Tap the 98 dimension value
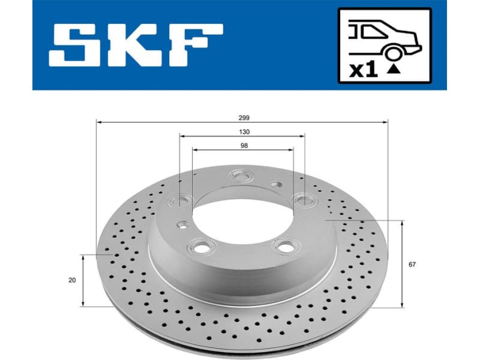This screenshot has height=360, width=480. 243,145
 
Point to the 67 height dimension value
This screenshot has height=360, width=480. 411,264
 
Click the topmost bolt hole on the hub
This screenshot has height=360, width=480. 242,176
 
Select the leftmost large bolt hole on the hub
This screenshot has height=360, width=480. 180,200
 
